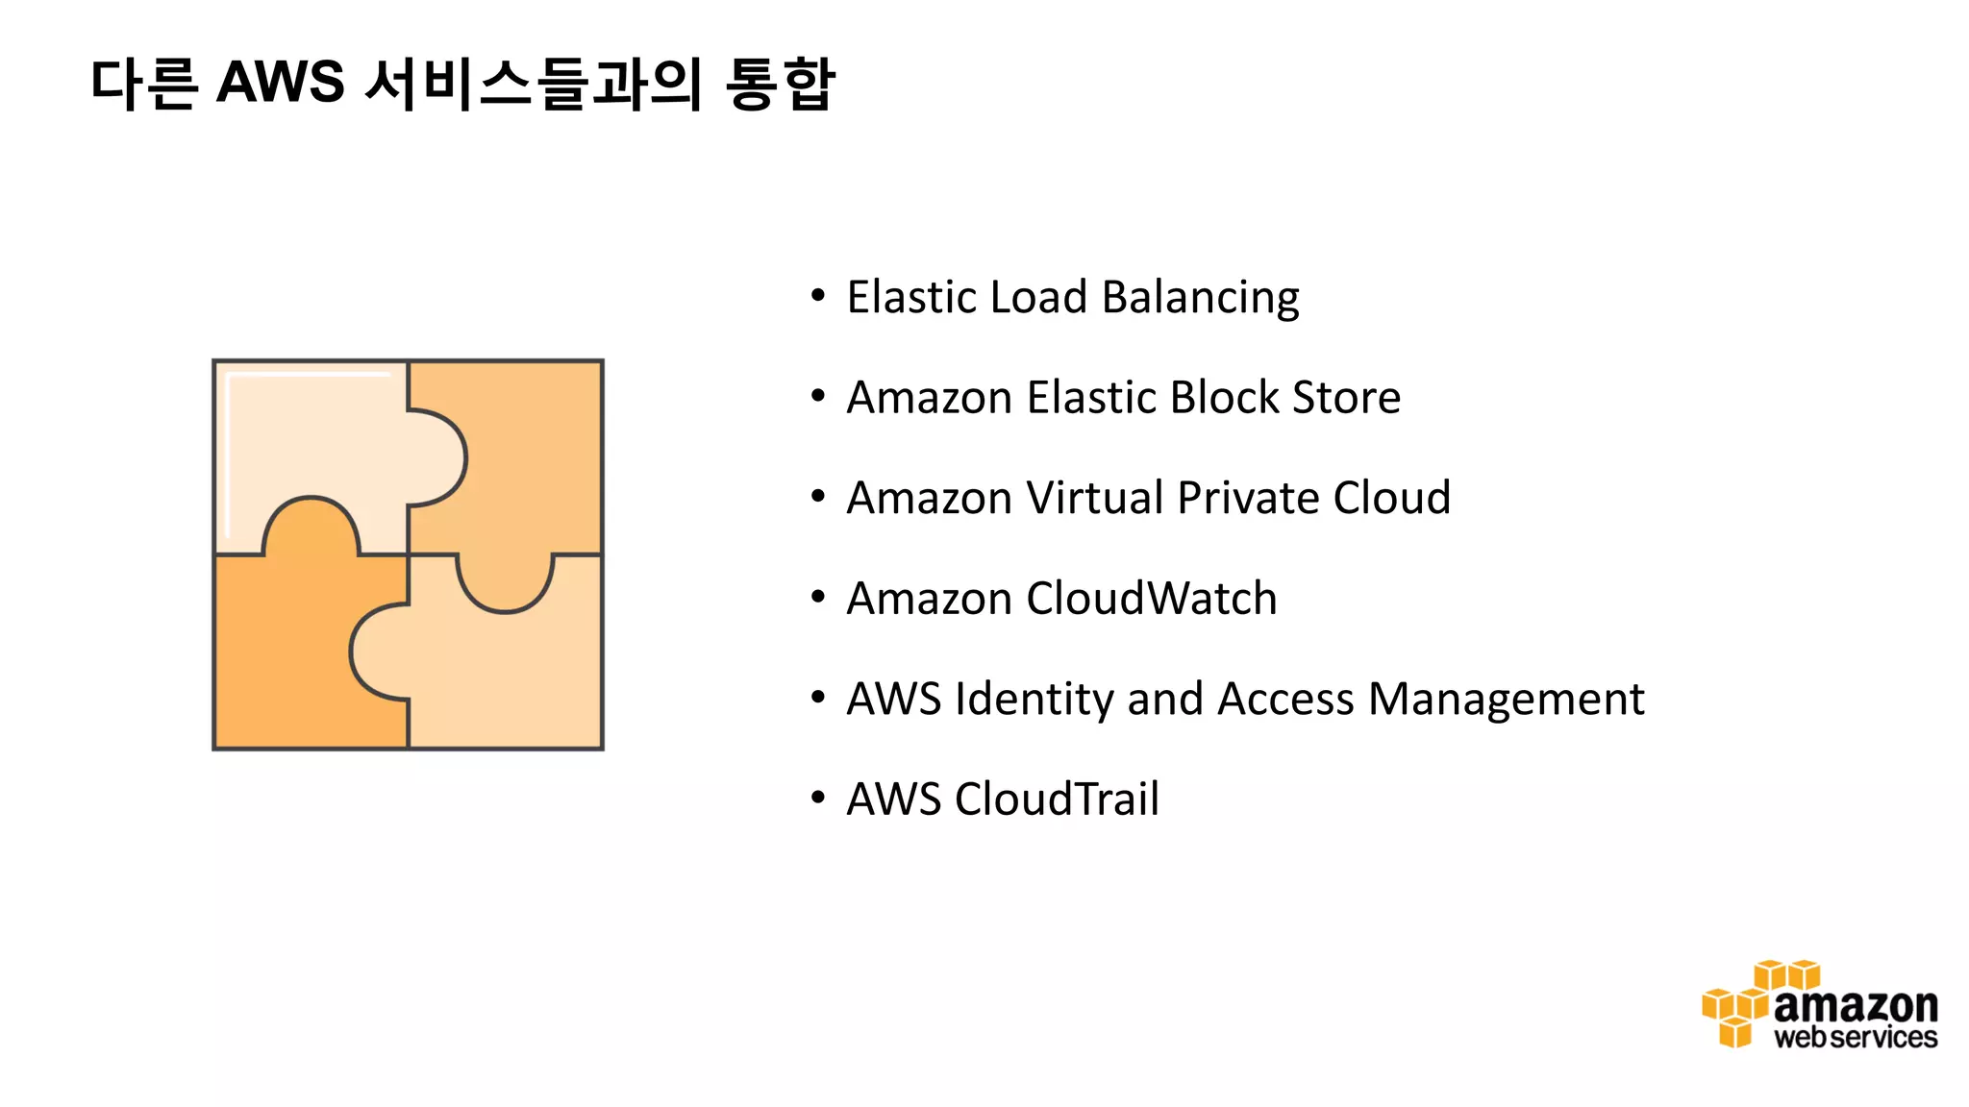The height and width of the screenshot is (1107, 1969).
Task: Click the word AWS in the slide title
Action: click(x=280, y=83)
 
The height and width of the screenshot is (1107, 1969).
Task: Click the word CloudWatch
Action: click(x=1151, y=599)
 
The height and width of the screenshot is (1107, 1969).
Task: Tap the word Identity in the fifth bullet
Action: click(x=1034, y=700)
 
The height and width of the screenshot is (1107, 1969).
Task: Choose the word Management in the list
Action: click(x=1506, y=700)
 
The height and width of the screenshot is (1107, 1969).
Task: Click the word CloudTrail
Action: click(x=1056, y=799)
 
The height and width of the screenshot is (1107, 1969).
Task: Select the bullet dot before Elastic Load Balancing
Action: click(x=818, y=296)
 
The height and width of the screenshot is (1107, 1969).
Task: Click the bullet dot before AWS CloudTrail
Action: click(x=818, y=798)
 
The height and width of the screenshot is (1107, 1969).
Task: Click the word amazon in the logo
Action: click(x=1855, y=1006)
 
